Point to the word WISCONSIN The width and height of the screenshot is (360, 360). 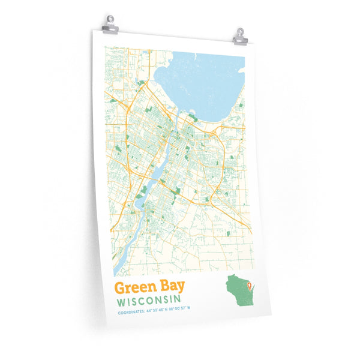(x=147, y=300)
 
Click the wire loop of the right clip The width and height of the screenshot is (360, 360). (x=240, y=31)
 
